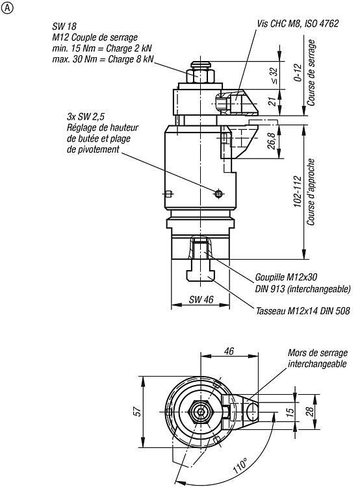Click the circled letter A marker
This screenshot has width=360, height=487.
tap(7, 8)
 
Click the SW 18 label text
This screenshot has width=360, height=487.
tap(64, 27)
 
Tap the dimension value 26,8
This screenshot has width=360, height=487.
tap(272, 141)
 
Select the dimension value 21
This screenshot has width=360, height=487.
tap(272, 101)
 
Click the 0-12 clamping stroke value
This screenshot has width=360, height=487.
tap(298, 72)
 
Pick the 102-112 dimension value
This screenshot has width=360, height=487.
tap(298, 192)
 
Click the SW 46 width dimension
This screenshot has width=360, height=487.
tap(201, 299)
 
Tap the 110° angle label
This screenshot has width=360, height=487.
tap(240, 466)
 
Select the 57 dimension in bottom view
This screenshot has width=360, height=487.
tap(138, 412)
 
